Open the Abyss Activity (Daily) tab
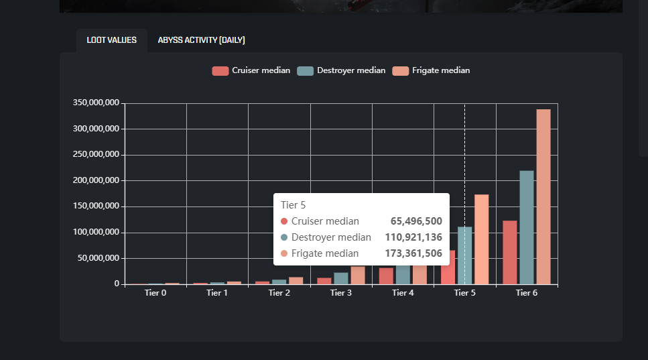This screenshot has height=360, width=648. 201,40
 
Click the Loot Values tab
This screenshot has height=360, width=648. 111,40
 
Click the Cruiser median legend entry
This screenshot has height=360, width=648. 251,70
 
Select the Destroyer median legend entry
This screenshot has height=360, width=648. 341,70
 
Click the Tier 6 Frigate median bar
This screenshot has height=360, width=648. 543,196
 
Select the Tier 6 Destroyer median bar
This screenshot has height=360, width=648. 527,227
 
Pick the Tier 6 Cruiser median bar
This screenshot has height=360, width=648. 510,252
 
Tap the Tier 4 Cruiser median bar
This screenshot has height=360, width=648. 386,276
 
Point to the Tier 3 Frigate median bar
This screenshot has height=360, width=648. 358,275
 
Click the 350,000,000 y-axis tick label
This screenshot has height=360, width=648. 96,103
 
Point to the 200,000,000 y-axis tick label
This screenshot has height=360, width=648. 96,180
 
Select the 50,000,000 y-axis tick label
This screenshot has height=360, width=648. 99,258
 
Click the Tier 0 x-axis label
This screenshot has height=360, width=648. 155,293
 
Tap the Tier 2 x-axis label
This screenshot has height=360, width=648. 279,293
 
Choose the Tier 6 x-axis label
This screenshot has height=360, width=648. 526,293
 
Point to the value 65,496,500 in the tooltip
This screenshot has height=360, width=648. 416,221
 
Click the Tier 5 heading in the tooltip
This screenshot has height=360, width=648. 294,205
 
